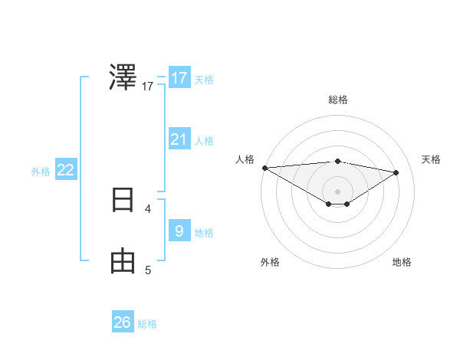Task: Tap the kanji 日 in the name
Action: click(x=123, y=200)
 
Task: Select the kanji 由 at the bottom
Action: click(x=123, y=261)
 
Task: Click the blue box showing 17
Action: click(x=179, y=78)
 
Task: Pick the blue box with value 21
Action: click(x=179, y=139)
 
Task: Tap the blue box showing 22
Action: click(x=66, y=170)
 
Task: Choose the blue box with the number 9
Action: click(x=179, y=231)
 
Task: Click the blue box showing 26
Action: click(x=123, y=322)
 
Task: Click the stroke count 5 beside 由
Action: click(x=148, y=270)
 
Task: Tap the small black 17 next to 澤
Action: click(x=148, y=87)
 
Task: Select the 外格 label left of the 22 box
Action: click(x=41, y=172)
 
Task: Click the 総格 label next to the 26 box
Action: click(x=147, y=324)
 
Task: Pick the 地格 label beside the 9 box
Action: click(x=204, y=233)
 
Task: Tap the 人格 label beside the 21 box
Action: click(x=204, y=141)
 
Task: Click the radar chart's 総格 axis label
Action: click(x=337, y=100)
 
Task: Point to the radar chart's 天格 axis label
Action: click(x=432, y=159)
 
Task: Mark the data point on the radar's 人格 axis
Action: click(x=264, y=167)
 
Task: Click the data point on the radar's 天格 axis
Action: click(x=396, y=172)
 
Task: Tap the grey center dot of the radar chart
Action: click(x=337, y=191)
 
